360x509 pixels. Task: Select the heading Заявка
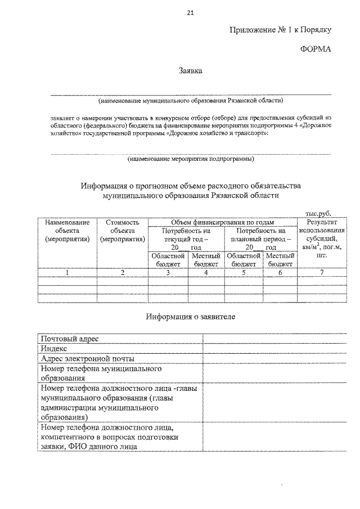click(190, 71)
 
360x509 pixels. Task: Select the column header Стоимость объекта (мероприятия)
click(123, 231)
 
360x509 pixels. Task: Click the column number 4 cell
click(206, 273)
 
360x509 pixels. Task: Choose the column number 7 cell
click(322, 273)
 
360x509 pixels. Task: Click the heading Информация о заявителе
click(190, 317)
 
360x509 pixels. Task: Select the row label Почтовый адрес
click(70, 339)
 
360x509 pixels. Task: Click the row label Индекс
click(55, 349)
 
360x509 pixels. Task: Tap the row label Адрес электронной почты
click(87, 359)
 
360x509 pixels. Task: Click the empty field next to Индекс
click(274, 349)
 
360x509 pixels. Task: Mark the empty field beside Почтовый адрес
click(274, 339)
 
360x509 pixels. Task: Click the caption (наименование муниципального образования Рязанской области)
click(190, 101)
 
